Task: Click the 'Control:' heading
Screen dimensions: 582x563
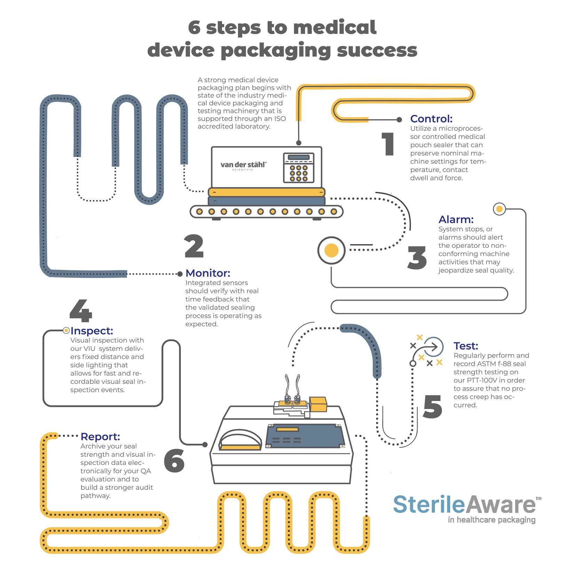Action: [x=431, y=119]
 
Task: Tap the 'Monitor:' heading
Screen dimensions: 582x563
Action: [x=208, y=273]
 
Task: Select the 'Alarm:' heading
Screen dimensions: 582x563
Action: [x=456, y=219]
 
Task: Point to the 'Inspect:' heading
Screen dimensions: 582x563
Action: [x=92, y=331]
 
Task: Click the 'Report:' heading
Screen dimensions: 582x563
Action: [x=100, y=436]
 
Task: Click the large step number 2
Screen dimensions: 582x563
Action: [x=194, y=246]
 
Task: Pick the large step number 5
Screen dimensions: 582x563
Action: [x=433, y=406]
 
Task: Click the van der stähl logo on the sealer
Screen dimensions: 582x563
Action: [x=243, y=165]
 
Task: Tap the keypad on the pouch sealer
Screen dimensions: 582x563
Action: [x=299, y=168]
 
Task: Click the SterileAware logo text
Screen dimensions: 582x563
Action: [x=465, y=505]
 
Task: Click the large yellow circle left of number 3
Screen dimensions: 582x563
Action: [x=331, y=250]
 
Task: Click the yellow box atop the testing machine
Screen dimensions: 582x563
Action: [x=318, y=404]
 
